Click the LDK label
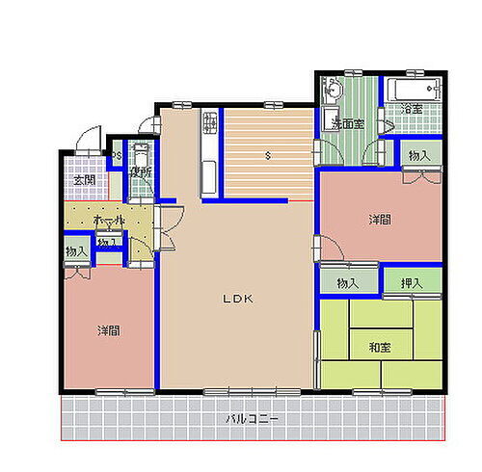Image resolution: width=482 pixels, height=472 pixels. coord(238,300)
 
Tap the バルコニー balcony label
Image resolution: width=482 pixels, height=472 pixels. coord(253,421)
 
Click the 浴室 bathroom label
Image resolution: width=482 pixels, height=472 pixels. coord(414,108)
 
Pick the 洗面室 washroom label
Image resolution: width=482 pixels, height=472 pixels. coord(347,124)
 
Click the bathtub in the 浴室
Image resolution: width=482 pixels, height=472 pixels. coord(412,92)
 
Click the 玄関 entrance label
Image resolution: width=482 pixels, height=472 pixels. coord(84,179)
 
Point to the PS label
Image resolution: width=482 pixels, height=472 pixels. coord(117,157)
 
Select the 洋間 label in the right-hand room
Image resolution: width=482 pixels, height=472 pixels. coord(379,220)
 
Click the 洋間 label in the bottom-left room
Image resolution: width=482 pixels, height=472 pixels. coord(107,330)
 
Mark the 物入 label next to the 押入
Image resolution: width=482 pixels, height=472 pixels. coord(348,283)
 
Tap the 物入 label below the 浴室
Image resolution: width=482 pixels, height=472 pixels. coord(418,156)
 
